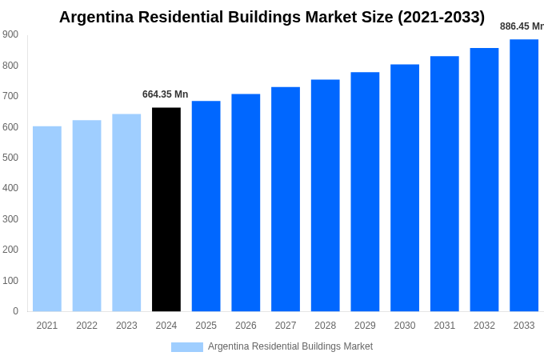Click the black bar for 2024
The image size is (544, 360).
[166, 210]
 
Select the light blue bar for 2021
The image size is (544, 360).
[47, 218]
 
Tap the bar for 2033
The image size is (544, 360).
[524, 175]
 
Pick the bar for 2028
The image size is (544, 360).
[326, 195]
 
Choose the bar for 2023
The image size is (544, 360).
[126, 213]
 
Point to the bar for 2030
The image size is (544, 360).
[405, 188]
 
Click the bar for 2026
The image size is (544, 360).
[246, 202]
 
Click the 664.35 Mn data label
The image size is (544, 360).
[166, 94]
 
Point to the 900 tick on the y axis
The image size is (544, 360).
[10, 34]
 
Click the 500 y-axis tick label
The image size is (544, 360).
[10, 158]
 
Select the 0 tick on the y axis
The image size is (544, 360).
[15, 311]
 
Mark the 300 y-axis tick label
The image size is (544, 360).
[10, 219]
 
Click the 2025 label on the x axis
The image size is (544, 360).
[206, 326]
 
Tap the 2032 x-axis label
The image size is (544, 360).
[484, 326]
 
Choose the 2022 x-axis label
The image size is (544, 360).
[86, 326]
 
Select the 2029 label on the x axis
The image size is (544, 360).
[365, 326]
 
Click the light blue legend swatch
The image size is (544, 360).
[187, 347]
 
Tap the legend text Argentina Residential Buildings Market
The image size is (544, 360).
[290, 346]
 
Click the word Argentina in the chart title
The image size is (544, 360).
[100, 17]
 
